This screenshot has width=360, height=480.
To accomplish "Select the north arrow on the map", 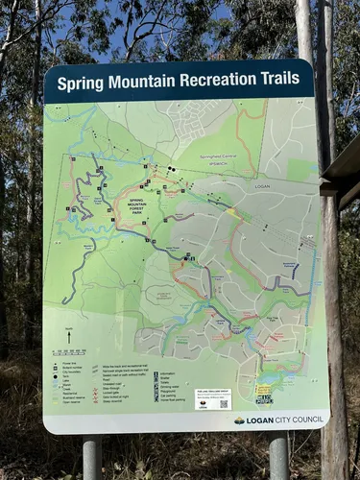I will coord(69,337).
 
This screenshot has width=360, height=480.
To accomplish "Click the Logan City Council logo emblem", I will coord(239,420).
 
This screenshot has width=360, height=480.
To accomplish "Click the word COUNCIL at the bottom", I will coord(300,419).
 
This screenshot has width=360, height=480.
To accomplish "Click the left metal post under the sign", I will coord(92,457).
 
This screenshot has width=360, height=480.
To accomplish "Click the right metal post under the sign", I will coord(278,455).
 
